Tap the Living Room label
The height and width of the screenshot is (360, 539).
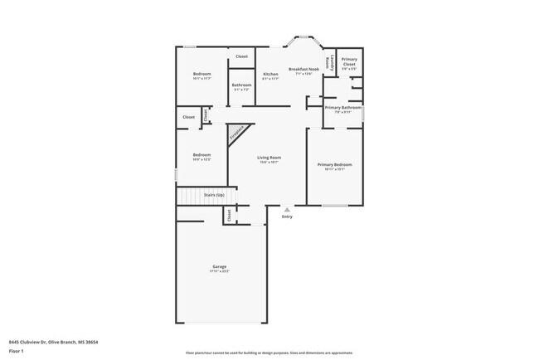(x=269, y=158)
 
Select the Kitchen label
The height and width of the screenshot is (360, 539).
(x=270, y=74)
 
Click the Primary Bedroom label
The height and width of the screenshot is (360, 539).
(x=335, y=165)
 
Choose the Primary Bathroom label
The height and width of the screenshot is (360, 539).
(x=342, y=108)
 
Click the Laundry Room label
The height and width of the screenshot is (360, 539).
(x=330, y=62)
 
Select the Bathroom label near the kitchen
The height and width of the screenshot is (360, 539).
(x=241, y=85)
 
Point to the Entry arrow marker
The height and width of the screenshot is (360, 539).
(x=287, y=209)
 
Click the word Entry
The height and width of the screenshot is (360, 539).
(x=287, y=216)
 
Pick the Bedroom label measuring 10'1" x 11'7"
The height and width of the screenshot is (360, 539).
(x=202, y=75)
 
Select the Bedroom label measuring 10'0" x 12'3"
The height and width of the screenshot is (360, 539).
(x=202, y=155)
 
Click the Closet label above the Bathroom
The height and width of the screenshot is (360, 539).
(x=241, y=56)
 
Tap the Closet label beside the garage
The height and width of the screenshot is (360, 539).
(x=228, y=215)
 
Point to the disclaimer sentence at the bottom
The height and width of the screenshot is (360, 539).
(x=269, y=353)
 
